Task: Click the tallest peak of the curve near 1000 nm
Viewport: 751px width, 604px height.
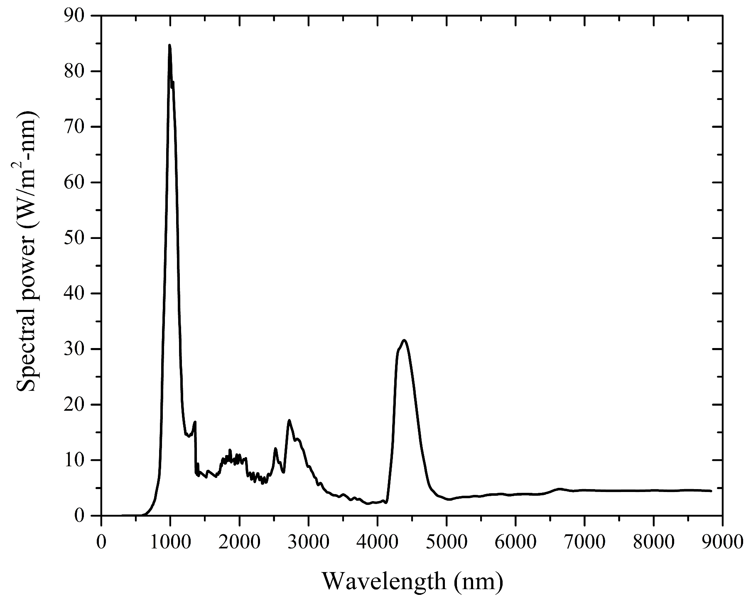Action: [x=169, y=45]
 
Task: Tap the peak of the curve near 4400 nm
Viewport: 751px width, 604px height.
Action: [x=404, y=340]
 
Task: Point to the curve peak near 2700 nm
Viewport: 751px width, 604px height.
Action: [x=289, y=420]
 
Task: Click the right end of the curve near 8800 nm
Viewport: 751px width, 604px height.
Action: [x=711, y=491]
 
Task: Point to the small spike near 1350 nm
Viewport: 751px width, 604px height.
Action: [x=195, y=422]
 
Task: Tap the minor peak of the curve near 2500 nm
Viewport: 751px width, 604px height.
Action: [x=275, y=448]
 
